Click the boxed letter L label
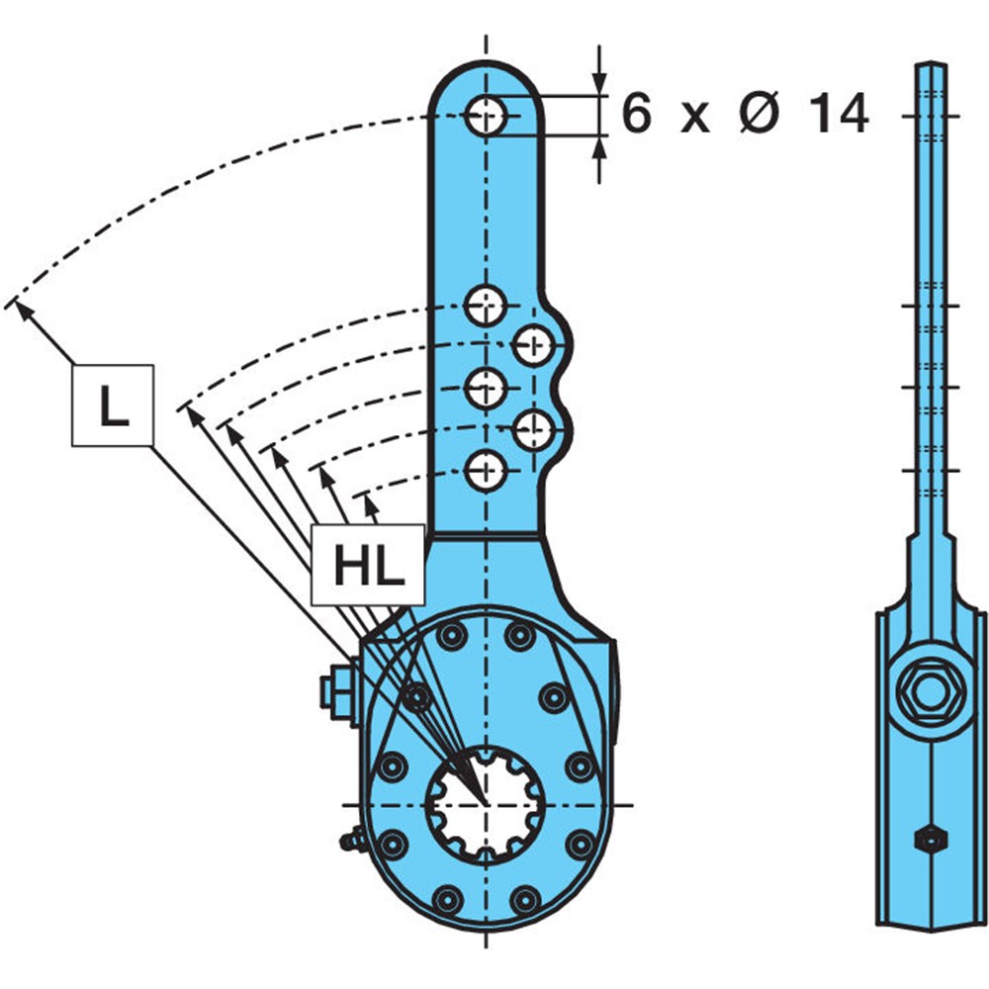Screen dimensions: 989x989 (x=113, y=405)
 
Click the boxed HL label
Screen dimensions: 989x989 (x=368, y=565)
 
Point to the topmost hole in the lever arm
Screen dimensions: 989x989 (x=486, y=116)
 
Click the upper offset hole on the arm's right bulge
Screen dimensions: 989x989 (x=534, y=345)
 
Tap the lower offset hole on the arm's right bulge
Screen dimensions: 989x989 (x=534, y=429)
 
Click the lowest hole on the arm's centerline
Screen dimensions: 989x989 (x=486, y=471)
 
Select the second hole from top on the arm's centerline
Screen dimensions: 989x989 (x=485, y=306)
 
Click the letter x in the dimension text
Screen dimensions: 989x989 (x=695, y=120)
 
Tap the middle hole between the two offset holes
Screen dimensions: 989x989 (x=486, y=388)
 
